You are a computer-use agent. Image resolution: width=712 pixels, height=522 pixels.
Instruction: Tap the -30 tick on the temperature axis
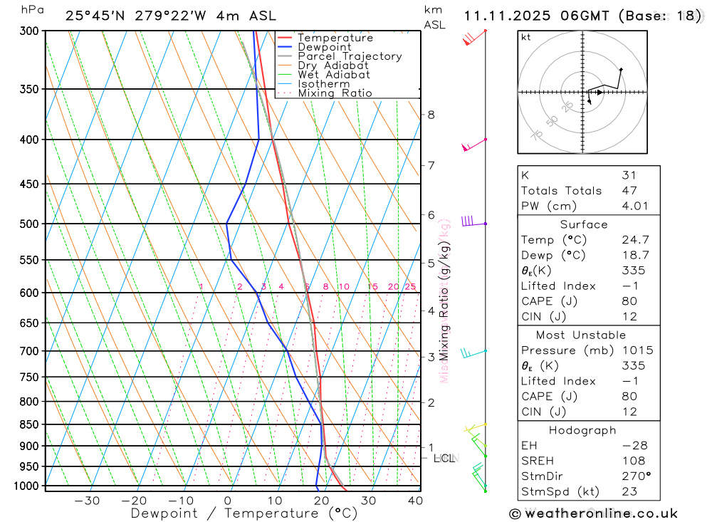(x=87, y=501)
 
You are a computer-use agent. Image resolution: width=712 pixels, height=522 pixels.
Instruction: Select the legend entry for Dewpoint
(x=325, y=47)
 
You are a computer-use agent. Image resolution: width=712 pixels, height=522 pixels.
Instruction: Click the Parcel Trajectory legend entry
(x=350, y=56)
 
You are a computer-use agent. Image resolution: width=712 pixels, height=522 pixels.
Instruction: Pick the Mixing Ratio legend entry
(x=335, y=93)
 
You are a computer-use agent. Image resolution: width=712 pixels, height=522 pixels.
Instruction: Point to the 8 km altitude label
(x=431, y=115)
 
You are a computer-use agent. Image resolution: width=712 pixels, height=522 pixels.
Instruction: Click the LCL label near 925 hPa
(x=444, y=459)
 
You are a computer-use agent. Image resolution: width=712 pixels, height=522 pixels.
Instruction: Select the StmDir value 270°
(x=634, y=476)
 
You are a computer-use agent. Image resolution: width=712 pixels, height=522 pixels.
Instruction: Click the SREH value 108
(x=634, y=461)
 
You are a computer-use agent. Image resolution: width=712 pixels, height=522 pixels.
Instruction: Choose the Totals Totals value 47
(x=629, y=190)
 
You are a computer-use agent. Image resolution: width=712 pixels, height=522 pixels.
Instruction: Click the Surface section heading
(x=584, y=224)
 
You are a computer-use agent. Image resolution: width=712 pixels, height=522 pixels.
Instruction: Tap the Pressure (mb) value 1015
(x=637, y=350)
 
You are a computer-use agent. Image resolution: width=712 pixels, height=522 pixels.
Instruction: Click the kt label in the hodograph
(x=526, y=37)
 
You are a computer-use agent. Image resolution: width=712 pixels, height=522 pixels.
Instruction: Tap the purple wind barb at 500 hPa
(x=468, y=221)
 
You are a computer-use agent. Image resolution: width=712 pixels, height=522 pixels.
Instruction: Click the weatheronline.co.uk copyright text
(x=593, y=513)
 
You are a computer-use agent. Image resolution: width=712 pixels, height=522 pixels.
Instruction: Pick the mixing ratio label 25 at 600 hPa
(x=410, y=287)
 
